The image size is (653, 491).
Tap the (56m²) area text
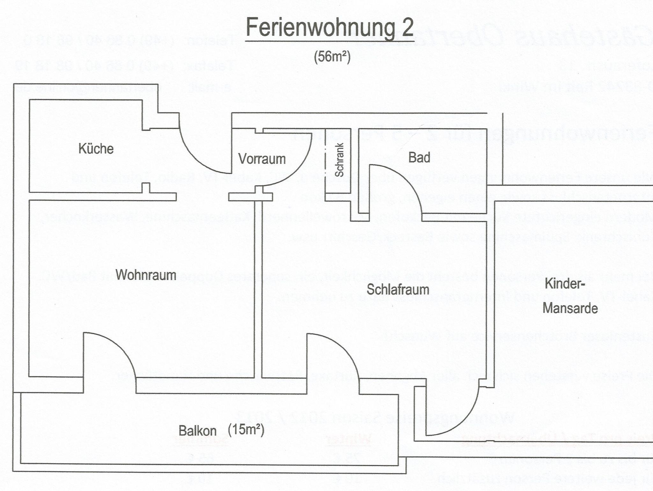click(x=332, y=57)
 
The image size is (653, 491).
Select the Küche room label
click(x=96, y=149)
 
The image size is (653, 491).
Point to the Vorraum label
click(x=262, y=159)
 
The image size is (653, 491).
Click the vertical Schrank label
click(x=339, y=160)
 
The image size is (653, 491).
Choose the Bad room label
click(x=419, y=157)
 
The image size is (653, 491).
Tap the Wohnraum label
click(x=146, y=275)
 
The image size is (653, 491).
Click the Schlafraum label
click(x=398, y=290)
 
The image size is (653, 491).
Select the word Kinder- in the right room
click(x=565, y=284)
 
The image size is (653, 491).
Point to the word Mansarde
click(x=570, y=309)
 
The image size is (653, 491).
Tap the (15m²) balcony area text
click(x=246, y=430)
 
